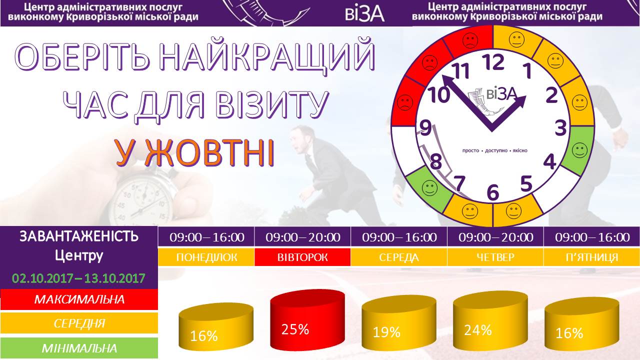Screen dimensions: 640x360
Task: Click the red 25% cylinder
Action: (x=307, y=320)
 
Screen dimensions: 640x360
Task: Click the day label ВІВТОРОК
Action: (x=302, y=257)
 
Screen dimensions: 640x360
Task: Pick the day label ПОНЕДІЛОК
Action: (x=206, y=257)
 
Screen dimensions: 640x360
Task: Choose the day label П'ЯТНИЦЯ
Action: (x=591, y=257)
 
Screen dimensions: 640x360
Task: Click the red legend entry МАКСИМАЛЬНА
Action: (x=79, y=299)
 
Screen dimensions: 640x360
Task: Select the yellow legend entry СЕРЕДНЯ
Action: (x=79, y=323)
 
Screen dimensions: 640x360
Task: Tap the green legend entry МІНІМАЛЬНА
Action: (x=79, y=348)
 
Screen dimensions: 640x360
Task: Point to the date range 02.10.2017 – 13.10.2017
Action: (x=78, y=278)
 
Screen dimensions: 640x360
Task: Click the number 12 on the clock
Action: (x=493, y=62)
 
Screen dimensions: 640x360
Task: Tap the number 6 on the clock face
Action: (x=493, y=192)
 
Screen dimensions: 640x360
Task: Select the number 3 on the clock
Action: (x=560, y=128)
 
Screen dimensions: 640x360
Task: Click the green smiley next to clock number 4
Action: (x=579, y=150)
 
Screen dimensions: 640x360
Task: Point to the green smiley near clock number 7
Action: (x=429, y=188)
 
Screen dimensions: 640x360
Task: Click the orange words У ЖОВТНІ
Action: (x=195, y=153)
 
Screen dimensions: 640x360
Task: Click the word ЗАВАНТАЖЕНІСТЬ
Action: (x=79, y=236)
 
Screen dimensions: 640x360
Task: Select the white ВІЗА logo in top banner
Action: (x=364, y=13)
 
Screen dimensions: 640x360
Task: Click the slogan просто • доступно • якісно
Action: (x=495, y=150)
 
